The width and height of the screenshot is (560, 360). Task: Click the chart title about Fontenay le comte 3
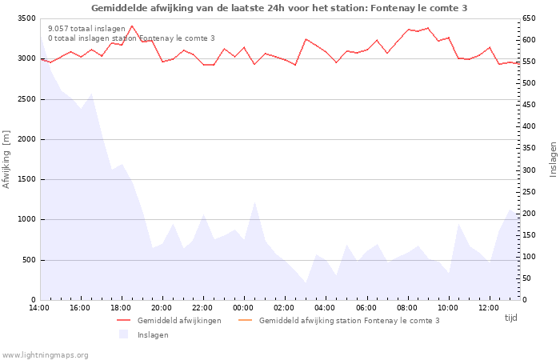point(279,8)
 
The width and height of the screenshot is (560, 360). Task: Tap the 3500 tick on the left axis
point(26,18)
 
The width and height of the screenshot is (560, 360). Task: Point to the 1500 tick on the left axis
point(26,179)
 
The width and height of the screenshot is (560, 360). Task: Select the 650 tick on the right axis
point(529,18)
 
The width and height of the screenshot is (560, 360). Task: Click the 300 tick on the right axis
point(529,170)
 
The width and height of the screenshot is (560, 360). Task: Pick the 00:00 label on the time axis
point(243,308)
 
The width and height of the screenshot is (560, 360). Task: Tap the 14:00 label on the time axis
point(39,308)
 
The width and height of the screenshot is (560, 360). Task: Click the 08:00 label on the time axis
point(407,308)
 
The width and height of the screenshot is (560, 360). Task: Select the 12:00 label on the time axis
point(489,308)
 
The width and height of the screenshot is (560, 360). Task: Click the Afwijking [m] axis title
point(6,159)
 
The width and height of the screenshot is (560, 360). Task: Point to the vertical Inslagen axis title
point(553,159)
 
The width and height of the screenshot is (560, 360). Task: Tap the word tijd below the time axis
point(510,318)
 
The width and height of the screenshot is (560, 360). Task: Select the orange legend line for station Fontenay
point(245,320)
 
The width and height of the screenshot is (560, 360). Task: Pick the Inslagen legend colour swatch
point(123,334)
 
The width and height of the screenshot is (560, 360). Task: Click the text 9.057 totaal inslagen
point(86,29)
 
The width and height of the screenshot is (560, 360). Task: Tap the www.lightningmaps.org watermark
point(45,355)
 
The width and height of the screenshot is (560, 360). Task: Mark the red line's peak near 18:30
point(132,26)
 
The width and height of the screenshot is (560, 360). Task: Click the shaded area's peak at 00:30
point(254,202)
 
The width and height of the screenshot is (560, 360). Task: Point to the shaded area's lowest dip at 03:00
point(306,282)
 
